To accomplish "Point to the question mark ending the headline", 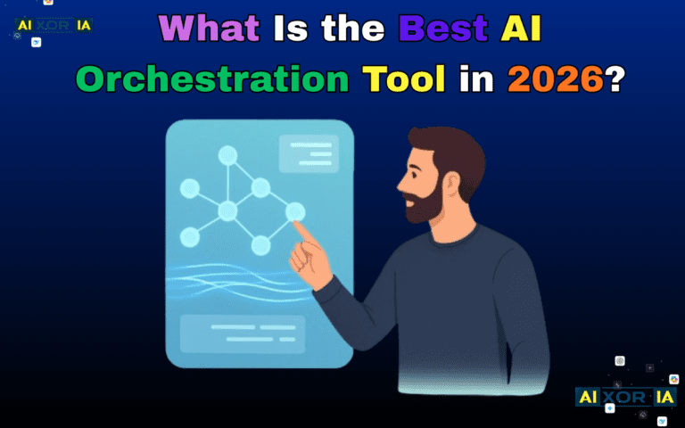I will tap(615, 79).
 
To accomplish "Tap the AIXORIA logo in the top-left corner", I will tap(54, 25).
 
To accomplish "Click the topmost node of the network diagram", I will tap(228, 156).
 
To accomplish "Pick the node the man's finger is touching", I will tap(295, 212).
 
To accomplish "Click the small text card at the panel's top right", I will tap(309, 154).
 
